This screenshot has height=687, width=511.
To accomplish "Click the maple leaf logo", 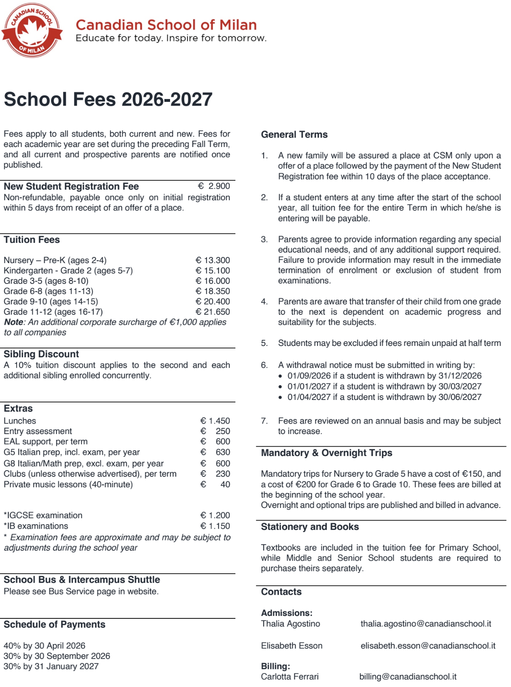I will (32, 30).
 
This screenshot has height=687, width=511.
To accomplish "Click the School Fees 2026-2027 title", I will (108, 99).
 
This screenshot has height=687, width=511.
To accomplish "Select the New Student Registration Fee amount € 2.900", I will (214, 186).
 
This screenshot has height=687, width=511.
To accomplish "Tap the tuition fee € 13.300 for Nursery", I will (213, 260).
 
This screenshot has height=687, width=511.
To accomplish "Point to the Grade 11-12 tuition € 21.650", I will (213, 312).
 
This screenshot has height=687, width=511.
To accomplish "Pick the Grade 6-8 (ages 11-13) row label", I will (48, 291).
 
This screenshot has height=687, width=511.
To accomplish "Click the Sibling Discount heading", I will (41, 354).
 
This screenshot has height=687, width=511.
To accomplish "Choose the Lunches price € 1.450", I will (215, 421).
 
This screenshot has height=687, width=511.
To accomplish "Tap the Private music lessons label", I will (68, 484).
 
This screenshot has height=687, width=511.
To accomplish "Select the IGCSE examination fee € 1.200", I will (215, 515).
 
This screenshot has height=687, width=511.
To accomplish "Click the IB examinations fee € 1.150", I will (215, 526).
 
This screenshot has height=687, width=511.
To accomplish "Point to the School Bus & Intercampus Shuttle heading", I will (82, 580).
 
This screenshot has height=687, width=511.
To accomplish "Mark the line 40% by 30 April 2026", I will (45, 646).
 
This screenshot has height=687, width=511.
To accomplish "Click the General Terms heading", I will (294, 135).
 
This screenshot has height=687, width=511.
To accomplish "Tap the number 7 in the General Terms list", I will (264, 421).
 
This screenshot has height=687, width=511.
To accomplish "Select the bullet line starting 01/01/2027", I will (384, 387).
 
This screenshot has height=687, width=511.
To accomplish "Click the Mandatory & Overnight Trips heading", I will (327, 453).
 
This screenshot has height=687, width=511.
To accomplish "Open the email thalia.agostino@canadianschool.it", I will (426, 624).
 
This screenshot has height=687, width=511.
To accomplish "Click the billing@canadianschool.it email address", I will (408, 676).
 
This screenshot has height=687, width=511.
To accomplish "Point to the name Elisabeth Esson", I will (292, 646).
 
